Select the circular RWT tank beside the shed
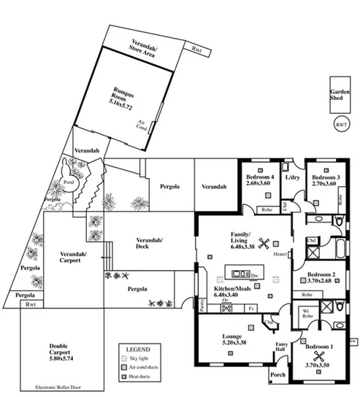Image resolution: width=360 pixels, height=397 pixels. [x=341, y=125]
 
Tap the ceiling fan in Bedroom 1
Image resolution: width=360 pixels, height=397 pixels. [x=317, y=358]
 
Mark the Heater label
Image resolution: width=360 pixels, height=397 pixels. [x=280, y=255]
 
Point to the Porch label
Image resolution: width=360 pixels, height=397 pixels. [x=277, y=376]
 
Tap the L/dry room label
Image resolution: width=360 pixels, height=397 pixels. [x=293, y=177]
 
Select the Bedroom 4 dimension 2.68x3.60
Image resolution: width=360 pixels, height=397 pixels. [x=260, y=184]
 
